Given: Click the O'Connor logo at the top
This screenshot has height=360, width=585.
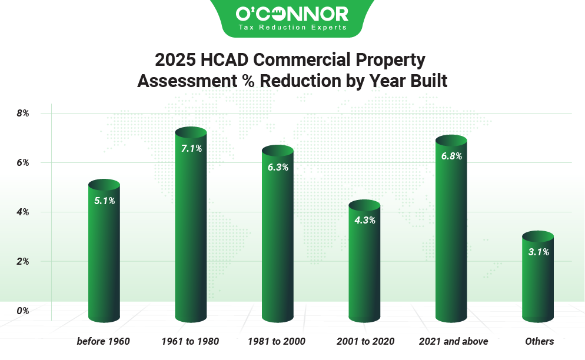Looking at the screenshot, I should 292,14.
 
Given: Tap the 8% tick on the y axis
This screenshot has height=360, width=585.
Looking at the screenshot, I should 23,113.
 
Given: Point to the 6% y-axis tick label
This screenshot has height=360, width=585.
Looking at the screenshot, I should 23,162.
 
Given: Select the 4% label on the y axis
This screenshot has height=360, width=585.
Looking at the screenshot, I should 23,212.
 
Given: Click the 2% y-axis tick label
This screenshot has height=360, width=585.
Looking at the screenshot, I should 23,261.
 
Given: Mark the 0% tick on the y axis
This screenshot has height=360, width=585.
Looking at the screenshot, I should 23,310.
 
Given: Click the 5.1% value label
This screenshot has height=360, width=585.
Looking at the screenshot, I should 104,201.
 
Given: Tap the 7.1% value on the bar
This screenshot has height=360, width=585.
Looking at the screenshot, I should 191,149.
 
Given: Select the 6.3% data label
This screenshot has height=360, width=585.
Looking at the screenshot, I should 278,167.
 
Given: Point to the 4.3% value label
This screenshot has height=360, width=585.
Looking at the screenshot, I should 364,221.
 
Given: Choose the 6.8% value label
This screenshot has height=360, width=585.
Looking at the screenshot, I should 451,156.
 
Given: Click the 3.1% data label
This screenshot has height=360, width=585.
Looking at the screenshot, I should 538,252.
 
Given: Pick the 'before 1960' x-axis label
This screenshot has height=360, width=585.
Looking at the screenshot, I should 103,341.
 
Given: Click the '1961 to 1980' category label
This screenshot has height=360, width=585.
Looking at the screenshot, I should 191,341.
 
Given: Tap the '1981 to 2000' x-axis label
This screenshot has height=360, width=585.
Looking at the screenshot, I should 278,341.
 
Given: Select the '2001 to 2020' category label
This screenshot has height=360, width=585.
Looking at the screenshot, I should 365,341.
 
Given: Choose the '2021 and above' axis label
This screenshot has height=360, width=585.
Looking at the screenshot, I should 453,341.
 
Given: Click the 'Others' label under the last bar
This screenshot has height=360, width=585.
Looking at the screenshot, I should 539,341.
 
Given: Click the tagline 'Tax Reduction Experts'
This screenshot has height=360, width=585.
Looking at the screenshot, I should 292,27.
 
